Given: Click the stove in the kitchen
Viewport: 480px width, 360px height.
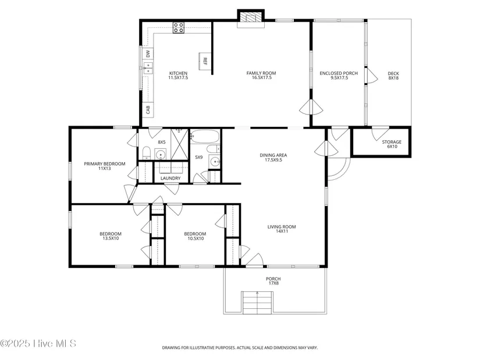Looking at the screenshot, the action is pos(179,27).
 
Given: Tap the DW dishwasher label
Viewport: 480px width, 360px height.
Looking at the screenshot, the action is pos(148,54).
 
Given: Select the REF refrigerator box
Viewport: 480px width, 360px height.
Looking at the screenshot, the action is pos(205,61).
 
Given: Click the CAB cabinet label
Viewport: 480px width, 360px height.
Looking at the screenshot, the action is pos(148,109).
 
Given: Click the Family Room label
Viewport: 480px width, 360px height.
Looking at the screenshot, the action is pos(261,75).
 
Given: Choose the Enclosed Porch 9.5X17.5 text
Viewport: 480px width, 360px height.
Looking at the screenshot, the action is pos(339,76).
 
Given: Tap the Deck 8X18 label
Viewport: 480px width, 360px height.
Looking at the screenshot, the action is pos(393,76).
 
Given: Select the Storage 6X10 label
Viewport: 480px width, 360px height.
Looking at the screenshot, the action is pos(392,144).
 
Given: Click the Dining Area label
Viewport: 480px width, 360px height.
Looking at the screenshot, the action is pos(273,158).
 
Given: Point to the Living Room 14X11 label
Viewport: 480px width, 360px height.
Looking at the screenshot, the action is pos(282,229).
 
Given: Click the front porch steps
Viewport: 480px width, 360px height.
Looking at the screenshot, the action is pos(257,303).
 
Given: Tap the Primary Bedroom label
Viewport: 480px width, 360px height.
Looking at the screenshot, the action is pos(104,166).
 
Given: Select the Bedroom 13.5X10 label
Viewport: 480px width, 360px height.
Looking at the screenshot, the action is pos(111,236).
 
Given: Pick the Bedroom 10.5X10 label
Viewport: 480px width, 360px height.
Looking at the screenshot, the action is pos(195,236).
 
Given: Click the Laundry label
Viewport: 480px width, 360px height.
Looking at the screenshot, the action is pos(170,178).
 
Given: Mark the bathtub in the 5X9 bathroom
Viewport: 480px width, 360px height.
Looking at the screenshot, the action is pos(205,136).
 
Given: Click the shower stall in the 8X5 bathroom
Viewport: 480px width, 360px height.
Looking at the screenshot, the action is pos(179,144).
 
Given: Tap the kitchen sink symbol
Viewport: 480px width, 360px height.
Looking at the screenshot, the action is pos(148,68).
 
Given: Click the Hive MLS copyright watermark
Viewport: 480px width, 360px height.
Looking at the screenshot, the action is pos(38,344).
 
